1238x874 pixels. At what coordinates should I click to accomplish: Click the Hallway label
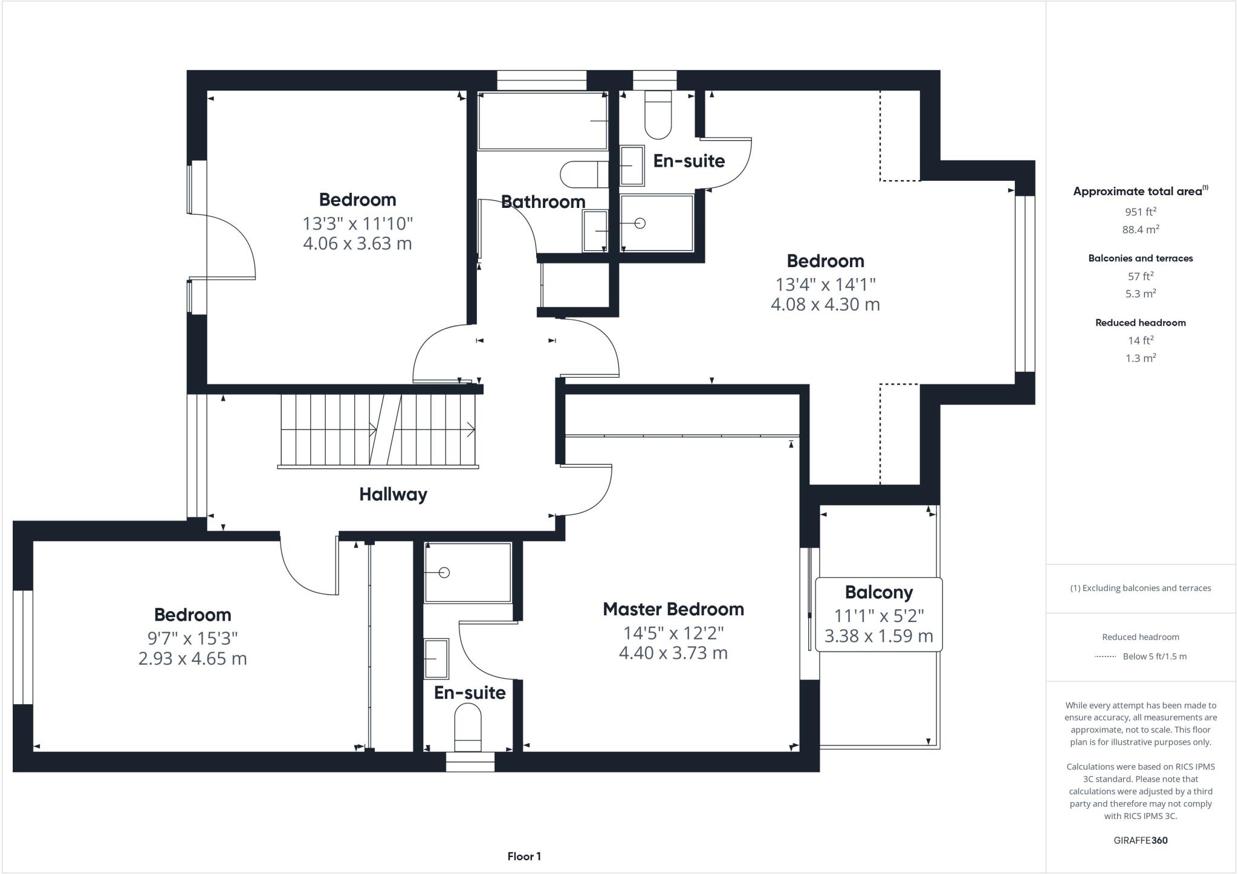[393, 494]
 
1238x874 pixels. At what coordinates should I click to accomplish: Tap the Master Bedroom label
[673, 609]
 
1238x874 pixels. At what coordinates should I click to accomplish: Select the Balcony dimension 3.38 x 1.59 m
[878, 636]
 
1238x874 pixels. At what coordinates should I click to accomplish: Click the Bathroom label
[543, 202]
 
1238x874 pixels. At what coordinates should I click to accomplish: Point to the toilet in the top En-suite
[658, 115]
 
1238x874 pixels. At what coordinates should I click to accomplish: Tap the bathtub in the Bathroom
[542, 121]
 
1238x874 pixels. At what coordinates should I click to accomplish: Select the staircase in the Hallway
[378, 430]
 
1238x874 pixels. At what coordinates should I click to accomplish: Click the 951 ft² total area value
[1140, 212]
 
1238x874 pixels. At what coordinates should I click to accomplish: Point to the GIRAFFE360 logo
[1140, 840]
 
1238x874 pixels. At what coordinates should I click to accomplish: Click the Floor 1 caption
[524, 856]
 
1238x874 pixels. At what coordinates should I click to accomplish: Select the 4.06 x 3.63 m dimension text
[357, 244]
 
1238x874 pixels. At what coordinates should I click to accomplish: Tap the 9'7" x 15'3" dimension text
[192, 638]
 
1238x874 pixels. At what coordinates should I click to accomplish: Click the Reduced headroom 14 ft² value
[1140, 340]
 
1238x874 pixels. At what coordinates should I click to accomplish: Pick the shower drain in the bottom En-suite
[444, 572]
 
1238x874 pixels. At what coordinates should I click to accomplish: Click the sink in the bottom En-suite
[436, 659]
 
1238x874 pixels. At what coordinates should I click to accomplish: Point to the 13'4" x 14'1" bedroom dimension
[825, 284]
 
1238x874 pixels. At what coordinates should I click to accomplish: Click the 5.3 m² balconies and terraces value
[1140, 294]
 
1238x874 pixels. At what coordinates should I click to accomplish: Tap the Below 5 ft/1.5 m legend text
[1154, 656]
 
